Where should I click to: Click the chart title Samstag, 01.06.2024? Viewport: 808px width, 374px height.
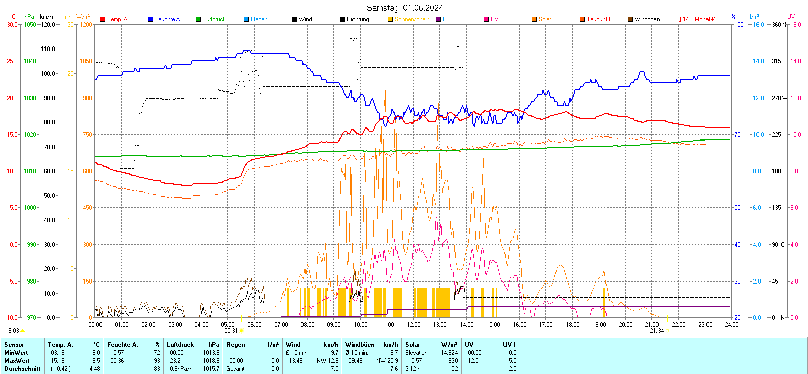click(405, 8)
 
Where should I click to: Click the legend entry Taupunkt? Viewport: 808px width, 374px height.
click(598, 19)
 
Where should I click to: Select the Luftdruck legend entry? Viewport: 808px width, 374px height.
click(214, 19)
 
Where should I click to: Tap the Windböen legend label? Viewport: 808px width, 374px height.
click(646, 19)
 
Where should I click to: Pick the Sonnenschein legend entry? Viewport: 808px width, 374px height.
click(412, 19)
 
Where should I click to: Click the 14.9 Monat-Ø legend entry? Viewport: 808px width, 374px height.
click(698, 19)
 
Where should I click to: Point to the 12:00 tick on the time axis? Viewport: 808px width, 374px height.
click(413, 325)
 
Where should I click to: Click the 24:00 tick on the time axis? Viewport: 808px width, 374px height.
click(731, 325)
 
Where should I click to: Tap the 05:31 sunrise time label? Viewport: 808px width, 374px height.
click(231, 331)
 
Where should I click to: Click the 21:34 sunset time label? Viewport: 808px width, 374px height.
click(656, 331)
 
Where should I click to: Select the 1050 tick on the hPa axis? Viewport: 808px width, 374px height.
click(30, 24)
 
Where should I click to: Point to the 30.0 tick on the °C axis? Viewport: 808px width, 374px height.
click(12, 24)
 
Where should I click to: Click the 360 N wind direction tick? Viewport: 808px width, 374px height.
click(779, 24)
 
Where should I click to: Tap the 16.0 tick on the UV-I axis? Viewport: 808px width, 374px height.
click(795, 24)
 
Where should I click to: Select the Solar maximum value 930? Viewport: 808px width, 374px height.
click(453, 361)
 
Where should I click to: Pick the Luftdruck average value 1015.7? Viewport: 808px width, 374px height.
click(211, 369)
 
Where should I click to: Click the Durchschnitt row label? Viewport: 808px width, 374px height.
click(22, 369)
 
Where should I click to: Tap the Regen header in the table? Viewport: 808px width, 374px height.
click(236, 345)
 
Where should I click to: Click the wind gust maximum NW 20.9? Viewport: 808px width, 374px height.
click(387, 361)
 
